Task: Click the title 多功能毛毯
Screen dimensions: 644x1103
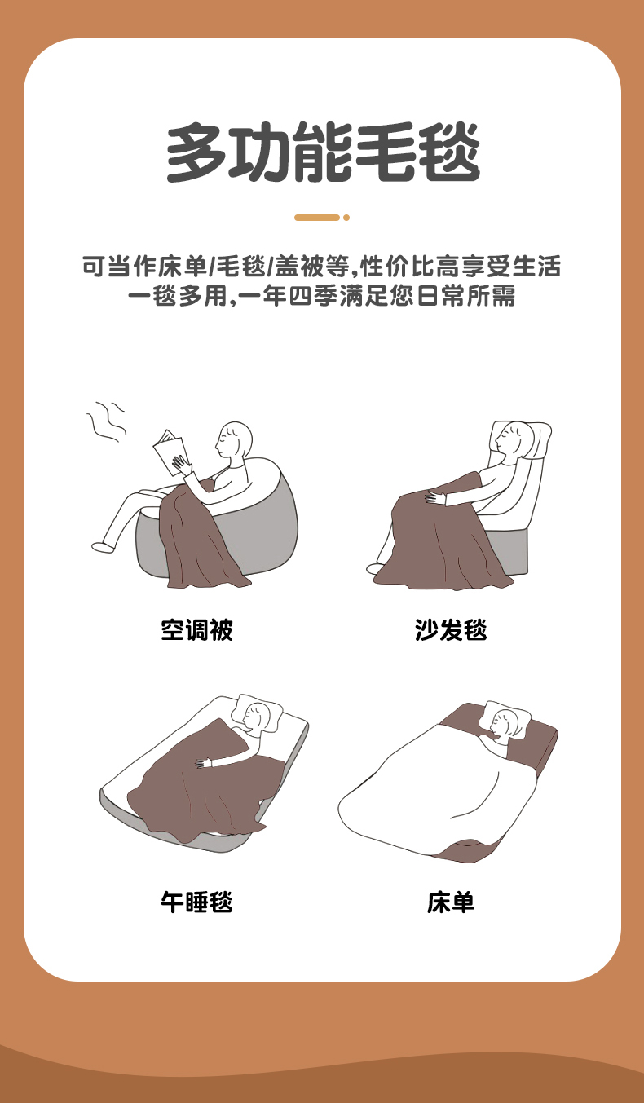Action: pos(323,152)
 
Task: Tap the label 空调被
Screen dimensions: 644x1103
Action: pos(196,630)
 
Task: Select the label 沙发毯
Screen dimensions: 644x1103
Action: pos(451,630)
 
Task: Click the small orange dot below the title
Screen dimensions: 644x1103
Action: pos(346,218)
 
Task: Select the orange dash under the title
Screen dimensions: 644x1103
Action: pos(317,218)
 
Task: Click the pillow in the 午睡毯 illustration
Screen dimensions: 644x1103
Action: pos(257,713)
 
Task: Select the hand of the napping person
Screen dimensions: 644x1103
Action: pos(203,763)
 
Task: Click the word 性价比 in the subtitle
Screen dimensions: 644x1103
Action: pos(399,267)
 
